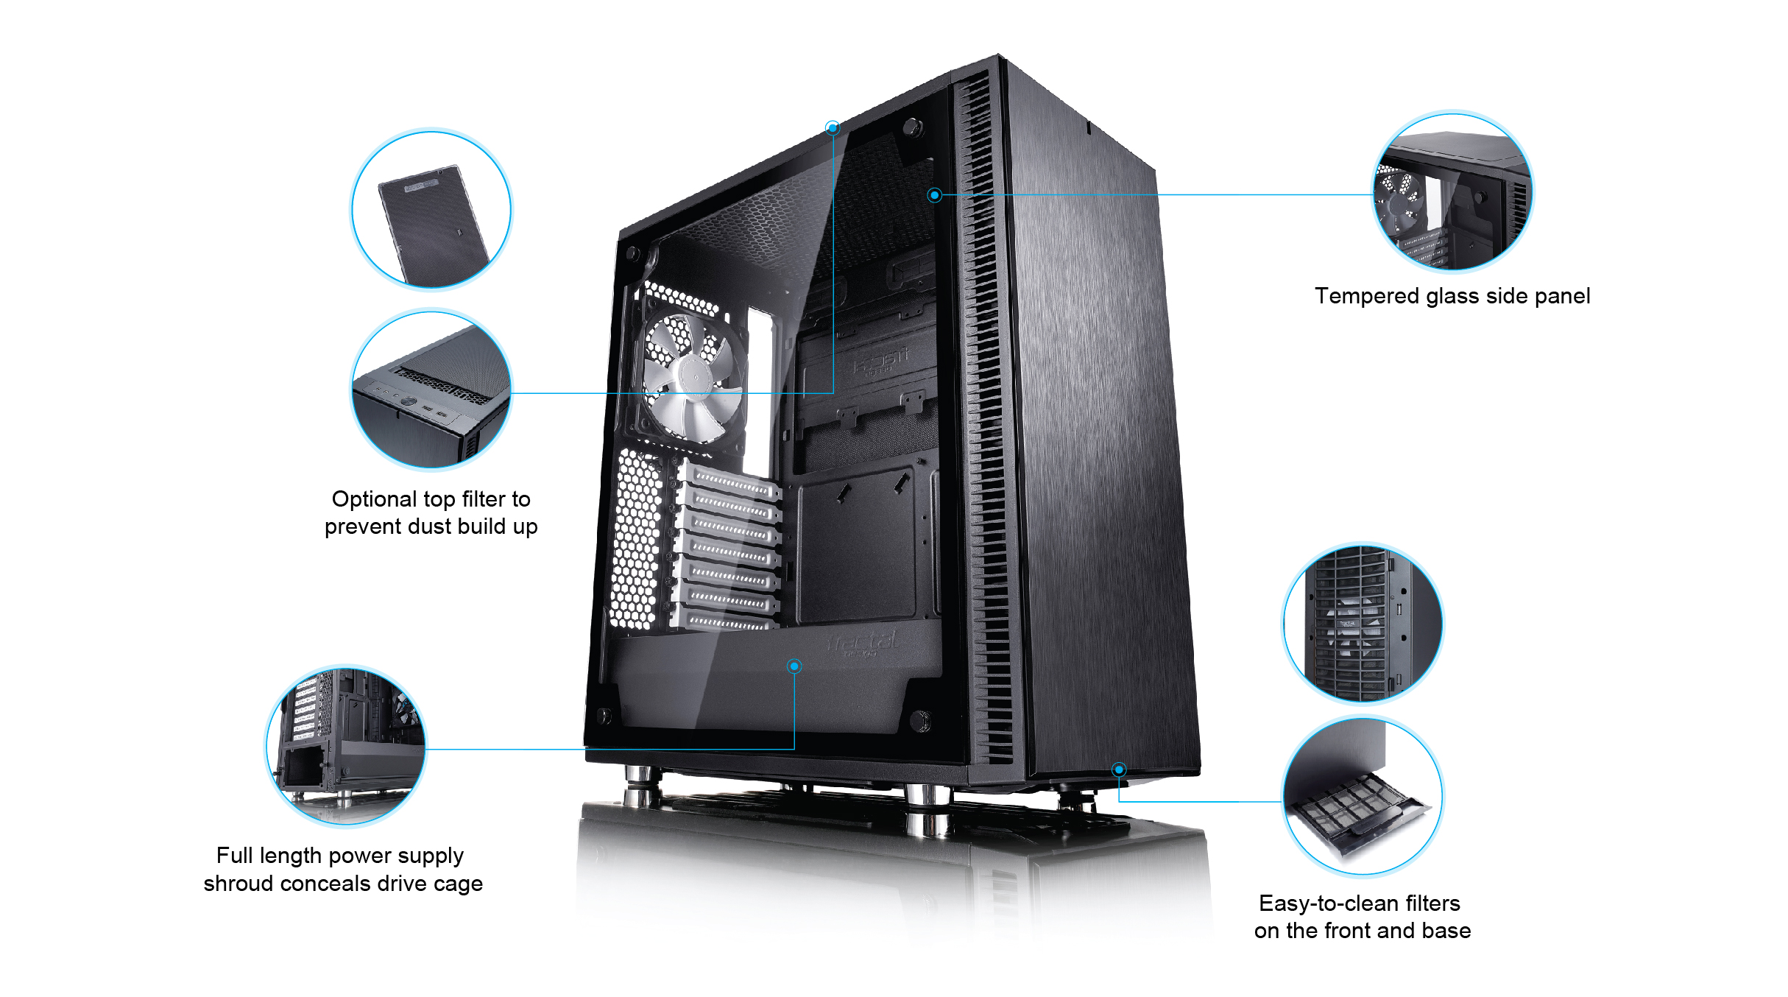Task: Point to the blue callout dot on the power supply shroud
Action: (x=794, y=666)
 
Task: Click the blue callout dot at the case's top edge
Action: (x=833, y=128)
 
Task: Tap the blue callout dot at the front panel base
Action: (x=1119, y=769)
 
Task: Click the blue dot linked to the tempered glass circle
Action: (x=934, y=195)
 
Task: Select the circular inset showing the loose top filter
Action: (x=431, y=210)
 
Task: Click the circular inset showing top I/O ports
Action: (x=431, y=390)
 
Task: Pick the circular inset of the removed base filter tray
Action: (x=1363, y=797)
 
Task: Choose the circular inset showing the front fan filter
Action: (x=1363, y=623)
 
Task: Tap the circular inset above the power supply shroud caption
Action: (x=346, y=746)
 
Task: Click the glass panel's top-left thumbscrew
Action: (x=633, y=253)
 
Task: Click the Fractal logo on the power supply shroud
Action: (x=863, y=643)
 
